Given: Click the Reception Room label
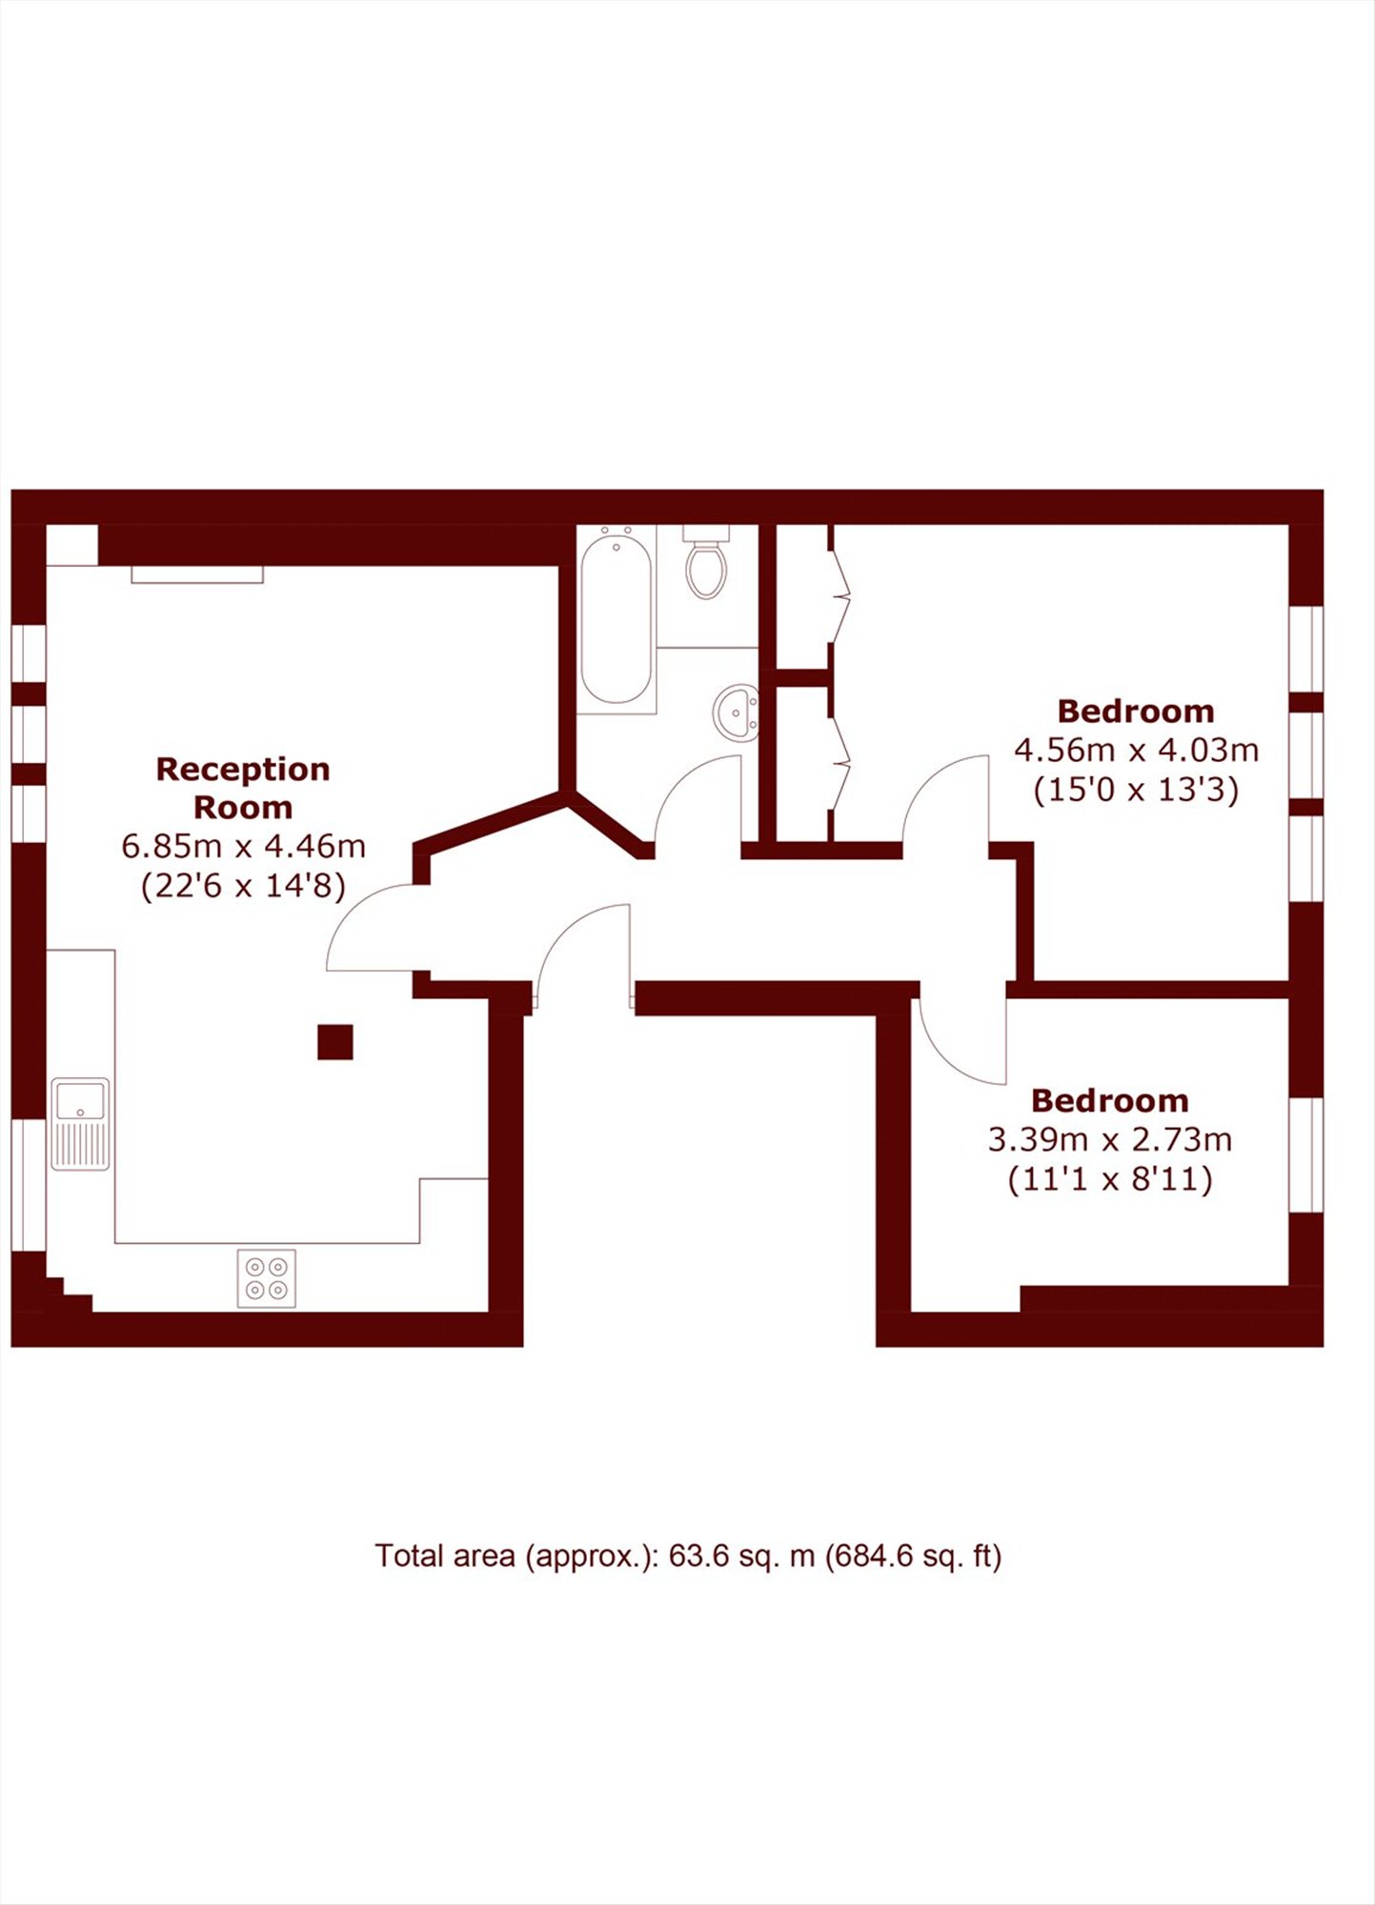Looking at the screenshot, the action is [243, 788].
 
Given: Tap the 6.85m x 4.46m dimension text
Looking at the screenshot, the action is [243, 846].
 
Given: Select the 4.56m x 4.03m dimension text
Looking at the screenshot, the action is [1136, 751].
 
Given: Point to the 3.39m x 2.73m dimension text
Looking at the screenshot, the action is [1110, 1139].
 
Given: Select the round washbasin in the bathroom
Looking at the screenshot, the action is [737, 712].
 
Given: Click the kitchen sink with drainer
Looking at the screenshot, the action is [80, 1124].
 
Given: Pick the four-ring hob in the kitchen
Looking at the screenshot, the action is [267, 1278].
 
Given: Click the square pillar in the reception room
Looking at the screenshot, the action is [335, 1042].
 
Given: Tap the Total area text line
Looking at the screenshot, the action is [688, 1556].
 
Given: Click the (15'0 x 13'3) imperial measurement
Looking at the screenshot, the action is [1136, 791].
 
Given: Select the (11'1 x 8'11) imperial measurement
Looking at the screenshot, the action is [1110, 1180].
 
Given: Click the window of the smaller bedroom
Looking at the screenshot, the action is [1306, 1154].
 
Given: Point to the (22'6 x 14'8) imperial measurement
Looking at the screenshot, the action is [243, 887].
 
